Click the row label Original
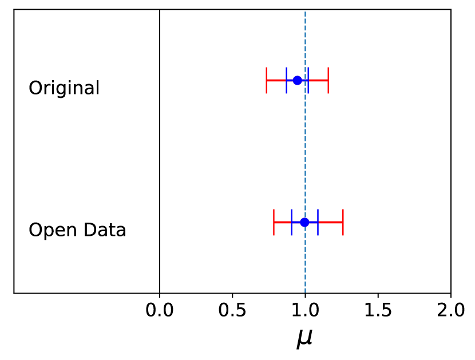tap(64, 88)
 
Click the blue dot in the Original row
tap(297, 80)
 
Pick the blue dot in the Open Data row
tap(304, 222)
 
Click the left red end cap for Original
tap(266, 80)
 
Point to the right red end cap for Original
tap(328, 80)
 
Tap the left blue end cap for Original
tap(286, 80)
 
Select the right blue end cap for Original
tap(308, 80)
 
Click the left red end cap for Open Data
tap(274, 222)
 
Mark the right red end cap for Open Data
tap(343, 222)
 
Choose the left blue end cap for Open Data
tap(291, 222)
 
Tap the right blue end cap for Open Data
tap(318, 222)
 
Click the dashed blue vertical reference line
tap(305, 149)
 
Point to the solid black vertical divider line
tap(160, 149)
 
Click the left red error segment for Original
tap(276, 80)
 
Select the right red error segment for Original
tap(319, 80)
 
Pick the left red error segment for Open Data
tap(282, 222)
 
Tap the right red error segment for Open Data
tap(331, 222)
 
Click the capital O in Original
tap(35, 88)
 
